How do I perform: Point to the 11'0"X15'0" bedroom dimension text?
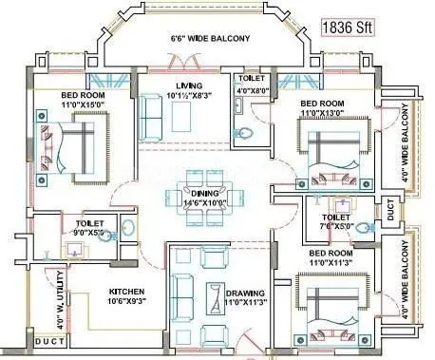point(83,104)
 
